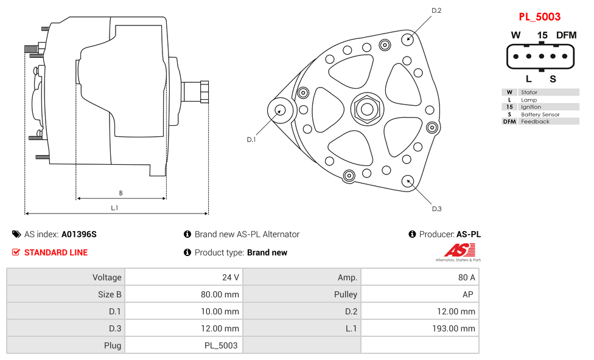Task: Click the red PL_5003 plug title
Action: (x=539, y=16)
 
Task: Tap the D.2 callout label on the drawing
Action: (x=436, y=10)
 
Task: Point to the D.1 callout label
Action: (x=251, y=139)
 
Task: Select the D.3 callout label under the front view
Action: (x=436, y=209)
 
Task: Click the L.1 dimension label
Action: (x=114, y=208)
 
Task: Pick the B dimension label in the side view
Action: (x=121, y=193)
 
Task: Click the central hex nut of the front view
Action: (x=366, y=109)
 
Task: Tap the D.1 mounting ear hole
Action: (x=281, y=110)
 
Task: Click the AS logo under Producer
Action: (x=458, y=251)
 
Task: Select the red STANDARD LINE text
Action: (x=55, y=252)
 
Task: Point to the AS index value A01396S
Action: (x=79, y=234)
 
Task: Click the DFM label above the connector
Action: (x=566, y=35)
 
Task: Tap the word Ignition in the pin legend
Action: (x=531, y=107)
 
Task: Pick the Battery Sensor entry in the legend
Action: (x=540, y=114)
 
